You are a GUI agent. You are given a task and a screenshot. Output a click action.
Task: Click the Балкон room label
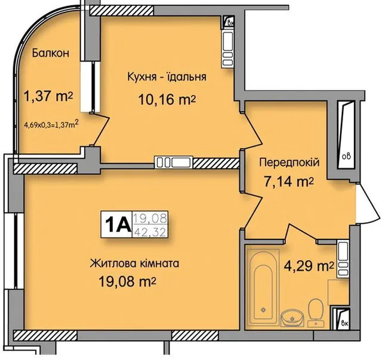(x=50, y=53)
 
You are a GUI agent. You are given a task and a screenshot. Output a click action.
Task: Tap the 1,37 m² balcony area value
(x=48, y=97)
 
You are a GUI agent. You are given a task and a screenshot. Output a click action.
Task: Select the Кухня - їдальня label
(x=167, y=76)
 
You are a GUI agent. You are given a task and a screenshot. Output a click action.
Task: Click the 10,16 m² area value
(x=167, y=100)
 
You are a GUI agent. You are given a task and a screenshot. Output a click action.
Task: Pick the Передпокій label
(x=289, y=162)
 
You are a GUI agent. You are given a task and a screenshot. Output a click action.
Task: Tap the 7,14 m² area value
(x=289, y=181)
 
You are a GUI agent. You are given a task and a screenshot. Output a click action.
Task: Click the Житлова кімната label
(x=134, y=263)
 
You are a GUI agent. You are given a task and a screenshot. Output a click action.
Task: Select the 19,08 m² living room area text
(x=127, y=282)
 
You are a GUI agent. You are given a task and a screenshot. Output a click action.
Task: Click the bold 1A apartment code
(x=117, y=224)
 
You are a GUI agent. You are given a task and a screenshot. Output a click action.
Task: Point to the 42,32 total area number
(x=150, y=231)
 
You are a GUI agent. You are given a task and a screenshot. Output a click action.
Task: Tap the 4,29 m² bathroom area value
(x=309, y=266)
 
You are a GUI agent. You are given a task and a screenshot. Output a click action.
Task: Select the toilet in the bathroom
(x=316, y=313)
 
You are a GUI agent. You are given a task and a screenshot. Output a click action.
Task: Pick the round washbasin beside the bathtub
(x=292, y=318)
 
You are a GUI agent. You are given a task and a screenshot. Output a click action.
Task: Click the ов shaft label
(x=346, y=156)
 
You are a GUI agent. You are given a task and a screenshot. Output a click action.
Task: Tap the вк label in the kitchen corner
(x=230, y=23)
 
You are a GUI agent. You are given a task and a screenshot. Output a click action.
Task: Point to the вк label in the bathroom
(x=345, y=324)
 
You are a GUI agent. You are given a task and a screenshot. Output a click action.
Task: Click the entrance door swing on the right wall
(x=368, y=203)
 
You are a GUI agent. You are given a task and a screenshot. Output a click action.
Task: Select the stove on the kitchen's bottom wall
(x=174, y=162)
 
